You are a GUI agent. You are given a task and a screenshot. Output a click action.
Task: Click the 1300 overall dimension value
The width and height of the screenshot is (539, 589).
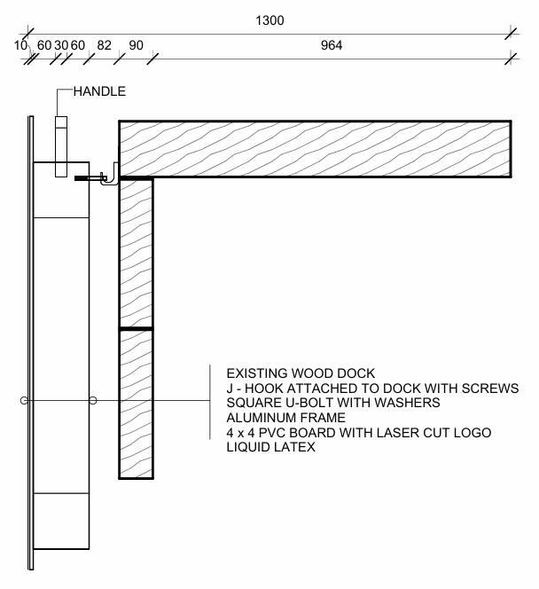(269, 20)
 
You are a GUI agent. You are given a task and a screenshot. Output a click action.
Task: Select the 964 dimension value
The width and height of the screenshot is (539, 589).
(332, 46)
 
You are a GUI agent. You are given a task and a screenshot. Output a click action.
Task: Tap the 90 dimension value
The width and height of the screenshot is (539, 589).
(136, 46)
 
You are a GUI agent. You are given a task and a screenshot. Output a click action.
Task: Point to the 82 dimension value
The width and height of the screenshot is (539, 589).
(105, 46)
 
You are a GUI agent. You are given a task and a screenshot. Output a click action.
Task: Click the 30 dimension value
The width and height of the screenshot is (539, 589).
(60, 46)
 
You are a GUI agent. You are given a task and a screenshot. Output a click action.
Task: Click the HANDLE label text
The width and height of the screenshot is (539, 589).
(99, 91)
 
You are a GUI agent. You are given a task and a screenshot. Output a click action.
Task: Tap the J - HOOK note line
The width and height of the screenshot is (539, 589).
(372, 389)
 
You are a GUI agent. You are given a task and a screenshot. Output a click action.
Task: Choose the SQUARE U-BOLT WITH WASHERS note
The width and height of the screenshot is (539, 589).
(333, 403)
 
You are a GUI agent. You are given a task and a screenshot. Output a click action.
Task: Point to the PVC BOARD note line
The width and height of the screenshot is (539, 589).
(358, 432)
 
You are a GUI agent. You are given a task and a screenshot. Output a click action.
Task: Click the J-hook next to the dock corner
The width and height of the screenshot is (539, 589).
(109, 178)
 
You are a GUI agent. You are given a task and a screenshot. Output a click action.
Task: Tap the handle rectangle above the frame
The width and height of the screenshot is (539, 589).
(61, 146)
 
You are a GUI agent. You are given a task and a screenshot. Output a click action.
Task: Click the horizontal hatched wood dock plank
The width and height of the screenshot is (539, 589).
(315, 148)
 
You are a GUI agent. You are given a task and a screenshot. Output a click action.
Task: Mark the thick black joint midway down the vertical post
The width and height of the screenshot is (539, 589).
(136, 329)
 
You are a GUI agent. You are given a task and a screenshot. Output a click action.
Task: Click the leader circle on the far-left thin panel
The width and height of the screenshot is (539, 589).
(25, 401)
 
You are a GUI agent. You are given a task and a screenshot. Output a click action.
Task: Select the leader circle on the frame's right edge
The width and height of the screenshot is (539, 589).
(92, 401)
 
